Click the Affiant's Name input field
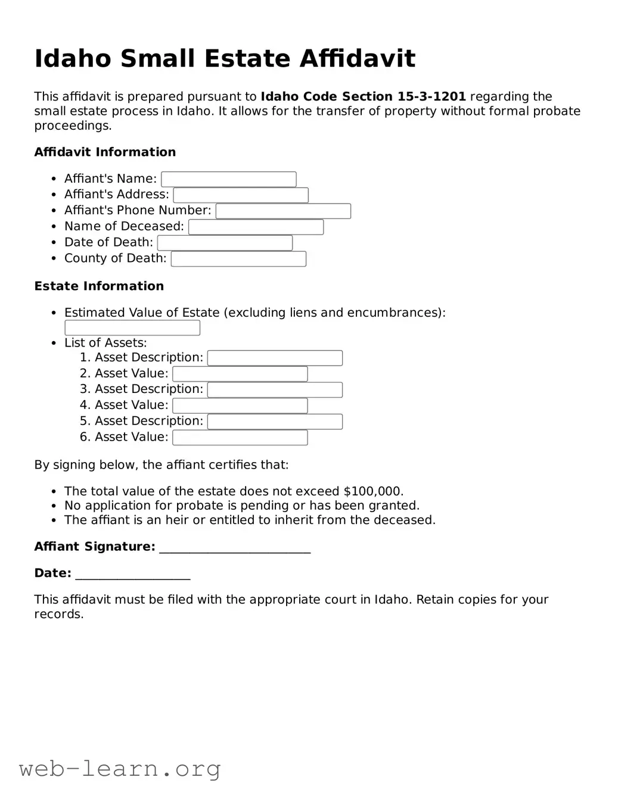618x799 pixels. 228,179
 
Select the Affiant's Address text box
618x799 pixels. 241,195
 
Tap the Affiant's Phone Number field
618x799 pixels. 283,211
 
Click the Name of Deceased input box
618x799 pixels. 256,227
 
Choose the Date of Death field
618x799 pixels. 225,243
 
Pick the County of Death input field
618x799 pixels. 238,259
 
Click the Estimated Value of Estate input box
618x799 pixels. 132,328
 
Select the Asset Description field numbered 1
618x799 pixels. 275,358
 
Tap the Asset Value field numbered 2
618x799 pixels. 240,374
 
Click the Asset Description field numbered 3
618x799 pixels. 275,390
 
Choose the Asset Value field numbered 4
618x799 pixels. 240,406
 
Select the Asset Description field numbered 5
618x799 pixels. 275,422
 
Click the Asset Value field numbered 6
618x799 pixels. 240,438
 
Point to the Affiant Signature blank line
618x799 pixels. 235,548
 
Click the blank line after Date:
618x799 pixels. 133,575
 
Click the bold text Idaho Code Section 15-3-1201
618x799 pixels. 363,96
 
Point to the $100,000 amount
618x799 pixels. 373,491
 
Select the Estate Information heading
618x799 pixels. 99,286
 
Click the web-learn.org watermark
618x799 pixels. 120,769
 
